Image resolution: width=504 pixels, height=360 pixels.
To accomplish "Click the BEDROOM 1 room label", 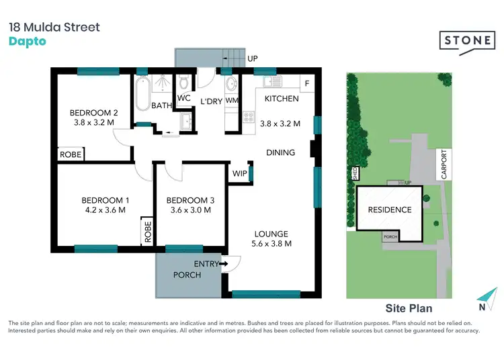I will [106, 200].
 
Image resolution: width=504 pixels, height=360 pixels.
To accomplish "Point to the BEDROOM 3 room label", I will [191, 200].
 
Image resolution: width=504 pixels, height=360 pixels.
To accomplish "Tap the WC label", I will [184, 98].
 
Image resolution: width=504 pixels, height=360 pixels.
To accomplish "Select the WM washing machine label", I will [231, 100].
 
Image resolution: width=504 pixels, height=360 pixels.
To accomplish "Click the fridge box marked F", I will [308, 84].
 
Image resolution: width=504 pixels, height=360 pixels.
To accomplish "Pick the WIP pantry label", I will [240, 173].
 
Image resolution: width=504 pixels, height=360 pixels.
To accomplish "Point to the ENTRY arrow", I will [223, 264].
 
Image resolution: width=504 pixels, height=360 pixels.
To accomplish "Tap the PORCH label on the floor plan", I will [187, 275].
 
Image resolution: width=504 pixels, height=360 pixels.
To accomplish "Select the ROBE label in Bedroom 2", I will [71, 154].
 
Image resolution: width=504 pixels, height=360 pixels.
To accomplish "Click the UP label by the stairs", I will [253, 59].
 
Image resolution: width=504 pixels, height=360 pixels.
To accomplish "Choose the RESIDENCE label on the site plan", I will [389, 210].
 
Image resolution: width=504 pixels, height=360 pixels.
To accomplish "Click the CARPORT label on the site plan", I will [444, 164].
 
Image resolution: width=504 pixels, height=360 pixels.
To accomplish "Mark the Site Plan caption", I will [409, 309].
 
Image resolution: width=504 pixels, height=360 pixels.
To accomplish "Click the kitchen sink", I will [271, 82].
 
